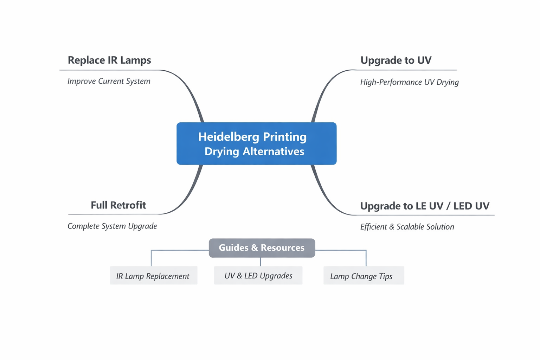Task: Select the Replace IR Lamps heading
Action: [x=109, y=60]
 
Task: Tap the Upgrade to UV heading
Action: [x=396, y=60]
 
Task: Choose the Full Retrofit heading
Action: [x=118, y=205]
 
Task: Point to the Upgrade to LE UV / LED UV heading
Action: [x=425, y=206]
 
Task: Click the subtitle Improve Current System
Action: [x=109, y=81]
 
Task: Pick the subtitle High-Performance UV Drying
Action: [x=409, y=82]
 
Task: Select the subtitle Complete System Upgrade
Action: [x=112, y=226]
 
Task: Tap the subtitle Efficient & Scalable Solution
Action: [x=407, y=227]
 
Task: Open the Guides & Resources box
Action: [x=262, y=248]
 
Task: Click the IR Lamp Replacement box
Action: [x=153, y=276]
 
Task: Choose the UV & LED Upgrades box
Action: [x=258, y=276]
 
